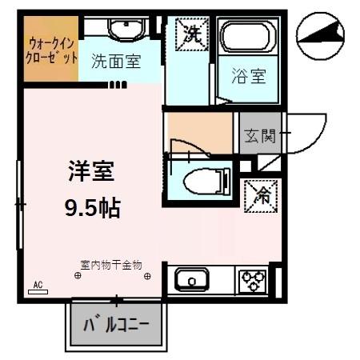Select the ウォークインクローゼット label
pos(51,51)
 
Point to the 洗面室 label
pos(116,61)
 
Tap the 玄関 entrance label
pos(258,137)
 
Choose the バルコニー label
pos(118,326)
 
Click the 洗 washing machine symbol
pos(193,34)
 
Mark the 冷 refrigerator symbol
pos(260,193)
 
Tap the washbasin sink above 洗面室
pos(122,30)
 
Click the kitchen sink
pos(192,282)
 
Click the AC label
pos(37,285)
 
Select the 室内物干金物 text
pos(111,263)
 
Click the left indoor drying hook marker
pos(78,276)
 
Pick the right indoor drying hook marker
pos(147,276)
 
